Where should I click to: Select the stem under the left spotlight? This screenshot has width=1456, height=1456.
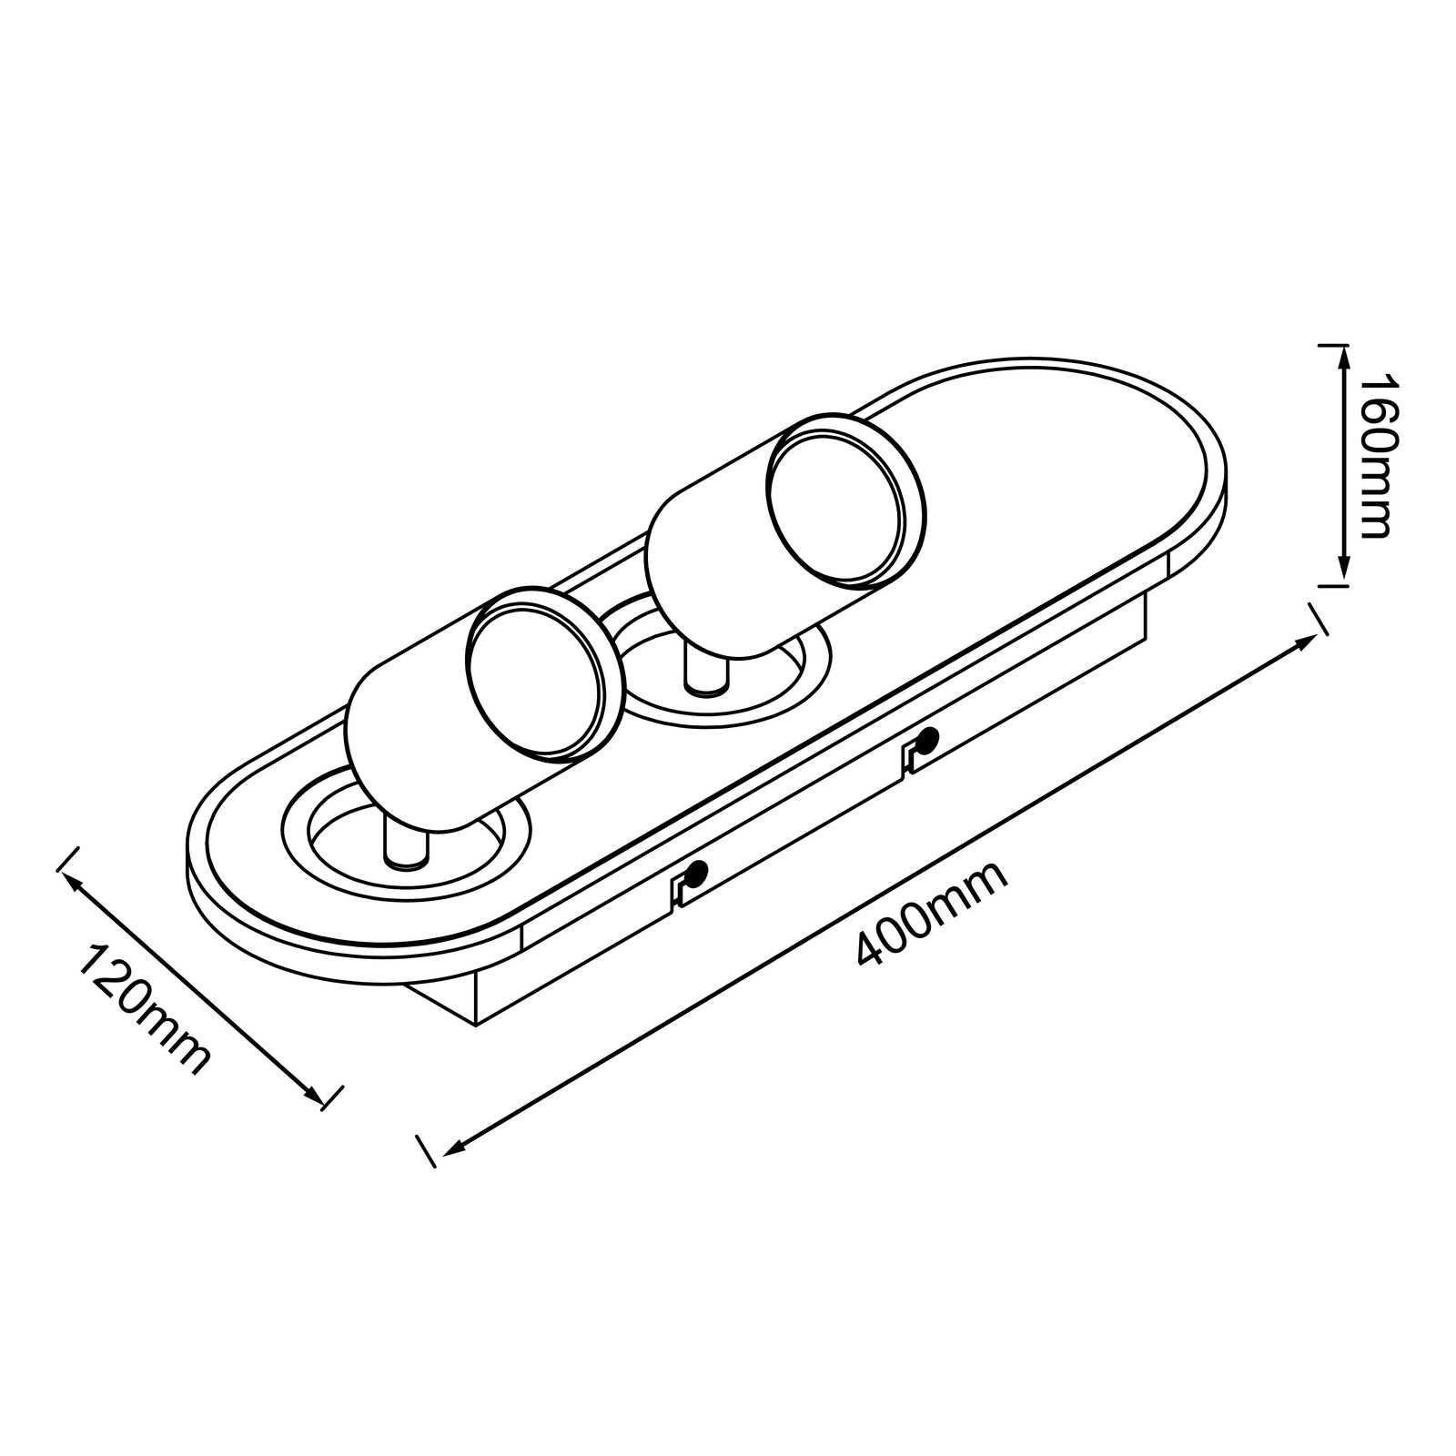click(x=406, y=842)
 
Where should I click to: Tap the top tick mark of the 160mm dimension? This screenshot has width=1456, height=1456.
click(x=1332, y=345)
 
